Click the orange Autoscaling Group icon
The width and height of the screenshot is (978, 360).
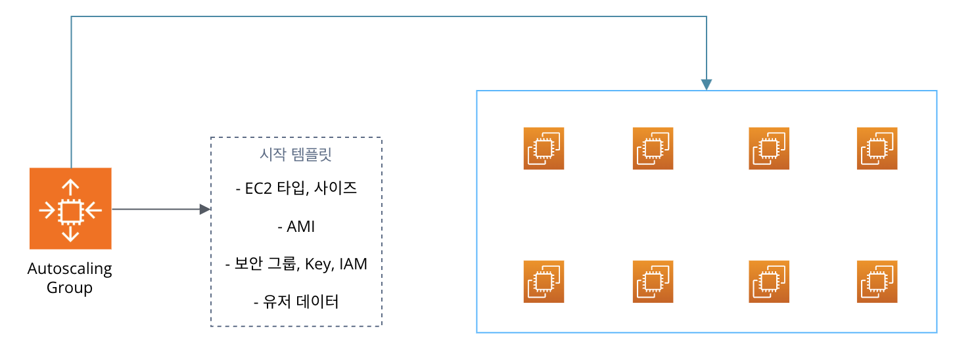(70, 209)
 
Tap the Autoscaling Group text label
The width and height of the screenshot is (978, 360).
(70, 279)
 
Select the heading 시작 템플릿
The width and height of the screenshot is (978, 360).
(296, 156)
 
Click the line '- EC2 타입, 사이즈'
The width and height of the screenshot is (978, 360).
(296, 189)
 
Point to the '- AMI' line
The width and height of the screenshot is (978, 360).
(296, 227)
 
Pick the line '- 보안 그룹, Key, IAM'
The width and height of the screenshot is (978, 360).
(296, 265)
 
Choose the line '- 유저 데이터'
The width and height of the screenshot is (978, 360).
(296, 302)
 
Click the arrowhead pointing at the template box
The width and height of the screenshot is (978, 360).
(205, 210)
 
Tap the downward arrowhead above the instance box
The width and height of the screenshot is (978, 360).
(707, 85)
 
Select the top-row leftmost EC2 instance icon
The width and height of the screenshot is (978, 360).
(544, 148)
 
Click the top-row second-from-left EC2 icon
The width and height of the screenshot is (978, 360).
(653, 148)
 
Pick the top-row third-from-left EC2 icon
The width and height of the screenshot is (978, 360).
(769, 148)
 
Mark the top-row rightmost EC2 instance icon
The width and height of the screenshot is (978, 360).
(877, 148)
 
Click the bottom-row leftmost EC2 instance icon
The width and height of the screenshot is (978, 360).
(544, 281)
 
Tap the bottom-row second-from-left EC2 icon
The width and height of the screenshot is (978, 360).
(653, 281)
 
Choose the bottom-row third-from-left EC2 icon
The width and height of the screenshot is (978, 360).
(769, 281)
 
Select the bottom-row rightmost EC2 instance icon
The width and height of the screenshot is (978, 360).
(877, 281)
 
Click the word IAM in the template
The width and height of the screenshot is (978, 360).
(354, 265)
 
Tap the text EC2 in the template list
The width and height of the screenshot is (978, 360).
(257, 189)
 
